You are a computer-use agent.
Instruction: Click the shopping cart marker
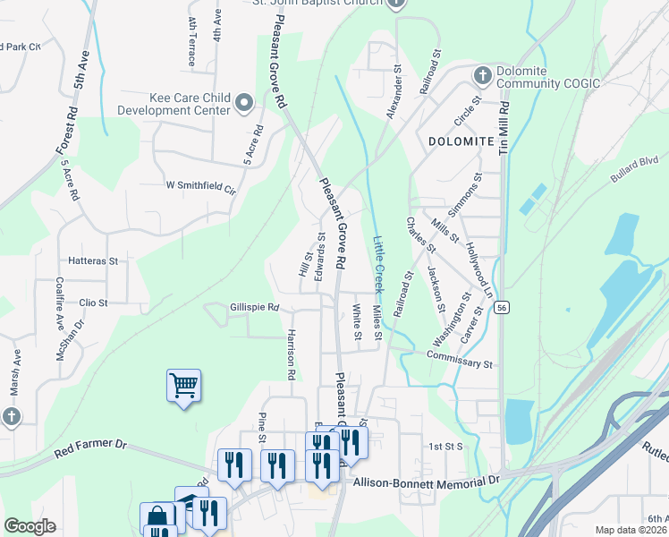coord(183,386)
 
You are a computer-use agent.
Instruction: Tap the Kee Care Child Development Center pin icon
coord(243,105)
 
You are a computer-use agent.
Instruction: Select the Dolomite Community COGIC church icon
coord(482,74)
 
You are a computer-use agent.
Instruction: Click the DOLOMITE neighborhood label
coord(462,141)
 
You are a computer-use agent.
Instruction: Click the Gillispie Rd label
coord(254,307)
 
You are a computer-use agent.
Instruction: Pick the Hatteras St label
coord(93,261)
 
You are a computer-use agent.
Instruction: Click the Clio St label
coord(93,303)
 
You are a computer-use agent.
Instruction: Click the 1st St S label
coord(445,446)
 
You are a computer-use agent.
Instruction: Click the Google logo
coord(30,526)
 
